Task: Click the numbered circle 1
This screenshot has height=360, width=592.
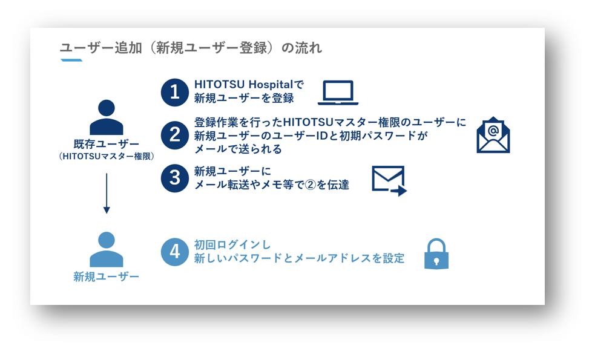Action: [175, 92]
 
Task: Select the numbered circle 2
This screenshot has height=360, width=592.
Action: [175, 135]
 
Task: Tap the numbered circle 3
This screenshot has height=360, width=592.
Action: [175, 178]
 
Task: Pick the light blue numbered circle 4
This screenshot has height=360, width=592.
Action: [175, 252]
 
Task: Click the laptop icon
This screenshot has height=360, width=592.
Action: [338, 93]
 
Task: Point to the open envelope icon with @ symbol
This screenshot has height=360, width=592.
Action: [493, 135]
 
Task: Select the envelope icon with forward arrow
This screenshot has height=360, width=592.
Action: [389, 181]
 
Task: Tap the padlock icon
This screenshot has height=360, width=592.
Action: [436, 254]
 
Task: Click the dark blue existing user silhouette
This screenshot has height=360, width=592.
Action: [107, 117]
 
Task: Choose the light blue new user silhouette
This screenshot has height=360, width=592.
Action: [107, 249]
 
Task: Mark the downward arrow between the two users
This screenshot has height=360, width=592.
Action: [107, 193]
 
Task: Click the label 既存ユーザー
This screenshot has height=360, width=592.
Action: [107, 144]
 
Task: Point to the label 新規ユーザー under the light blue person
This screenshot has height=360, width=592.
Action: [107, 277]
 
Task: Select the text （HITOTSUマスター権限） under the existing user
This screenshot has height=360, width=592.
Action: [107, 156]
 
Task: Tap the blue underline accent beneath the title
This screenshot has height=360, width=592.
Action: [71, 60]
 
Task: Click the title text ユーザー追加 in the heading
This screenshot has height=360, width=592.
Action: [101, 48]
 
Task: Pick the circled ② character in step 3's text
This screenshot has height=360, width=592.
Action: [311, 185]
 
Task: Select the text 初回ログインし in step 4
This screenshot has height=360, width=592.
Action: [232, 245]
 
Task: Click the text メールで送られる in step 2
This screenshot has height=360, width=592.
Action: [238, 149]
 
